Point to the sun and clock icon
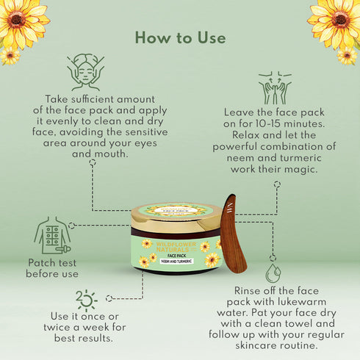point(87,300)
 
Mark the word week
point(98,328)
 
